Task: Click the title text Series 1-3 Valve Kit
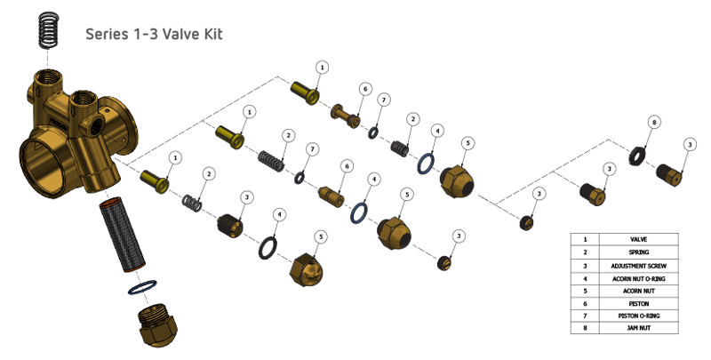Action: click(x=153, y=35)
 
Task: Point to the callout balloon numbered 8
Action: click(x=653, y=123)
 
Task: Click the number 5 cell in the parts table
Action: click(x=584, y=291)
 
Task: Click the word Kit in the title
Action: click(x=211, y=35)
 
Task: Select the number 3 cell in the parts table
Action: click(x=584, y=266)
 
